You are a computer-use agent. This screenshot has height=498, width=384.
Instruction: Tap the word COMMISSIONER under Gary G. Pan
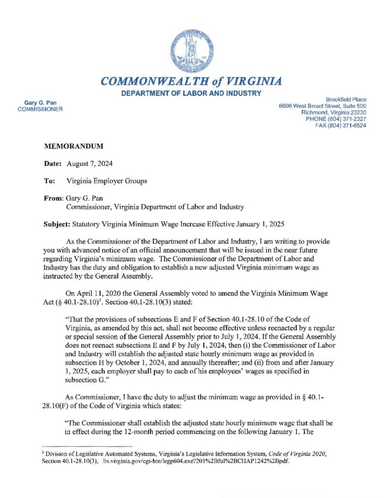40,109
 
